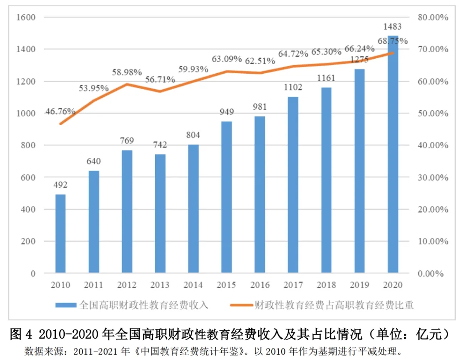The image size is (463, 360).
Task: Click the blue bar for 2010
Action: point(60,234)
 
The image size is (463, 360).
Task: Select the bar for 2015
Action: point(227,197)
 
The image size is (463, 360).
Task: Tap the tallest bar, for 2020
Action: point(393,154)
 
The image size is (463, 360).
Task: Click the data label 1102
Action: point(293,88)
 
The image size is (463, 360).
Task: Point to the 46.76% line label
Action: point(60,111)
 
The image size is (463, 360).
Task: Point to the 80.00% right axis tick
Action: point(432,18)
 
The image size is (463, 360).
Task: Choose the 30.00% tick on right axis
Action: point(432,177)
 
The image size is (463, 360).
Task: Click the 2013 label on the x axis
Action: point(160,285)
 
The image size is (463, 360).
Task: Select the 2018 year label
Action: point(326,285)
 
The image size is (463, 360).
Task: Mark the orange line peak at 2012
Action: point(127,84)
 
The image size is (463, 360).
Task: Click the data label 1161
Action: point(326,78)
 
